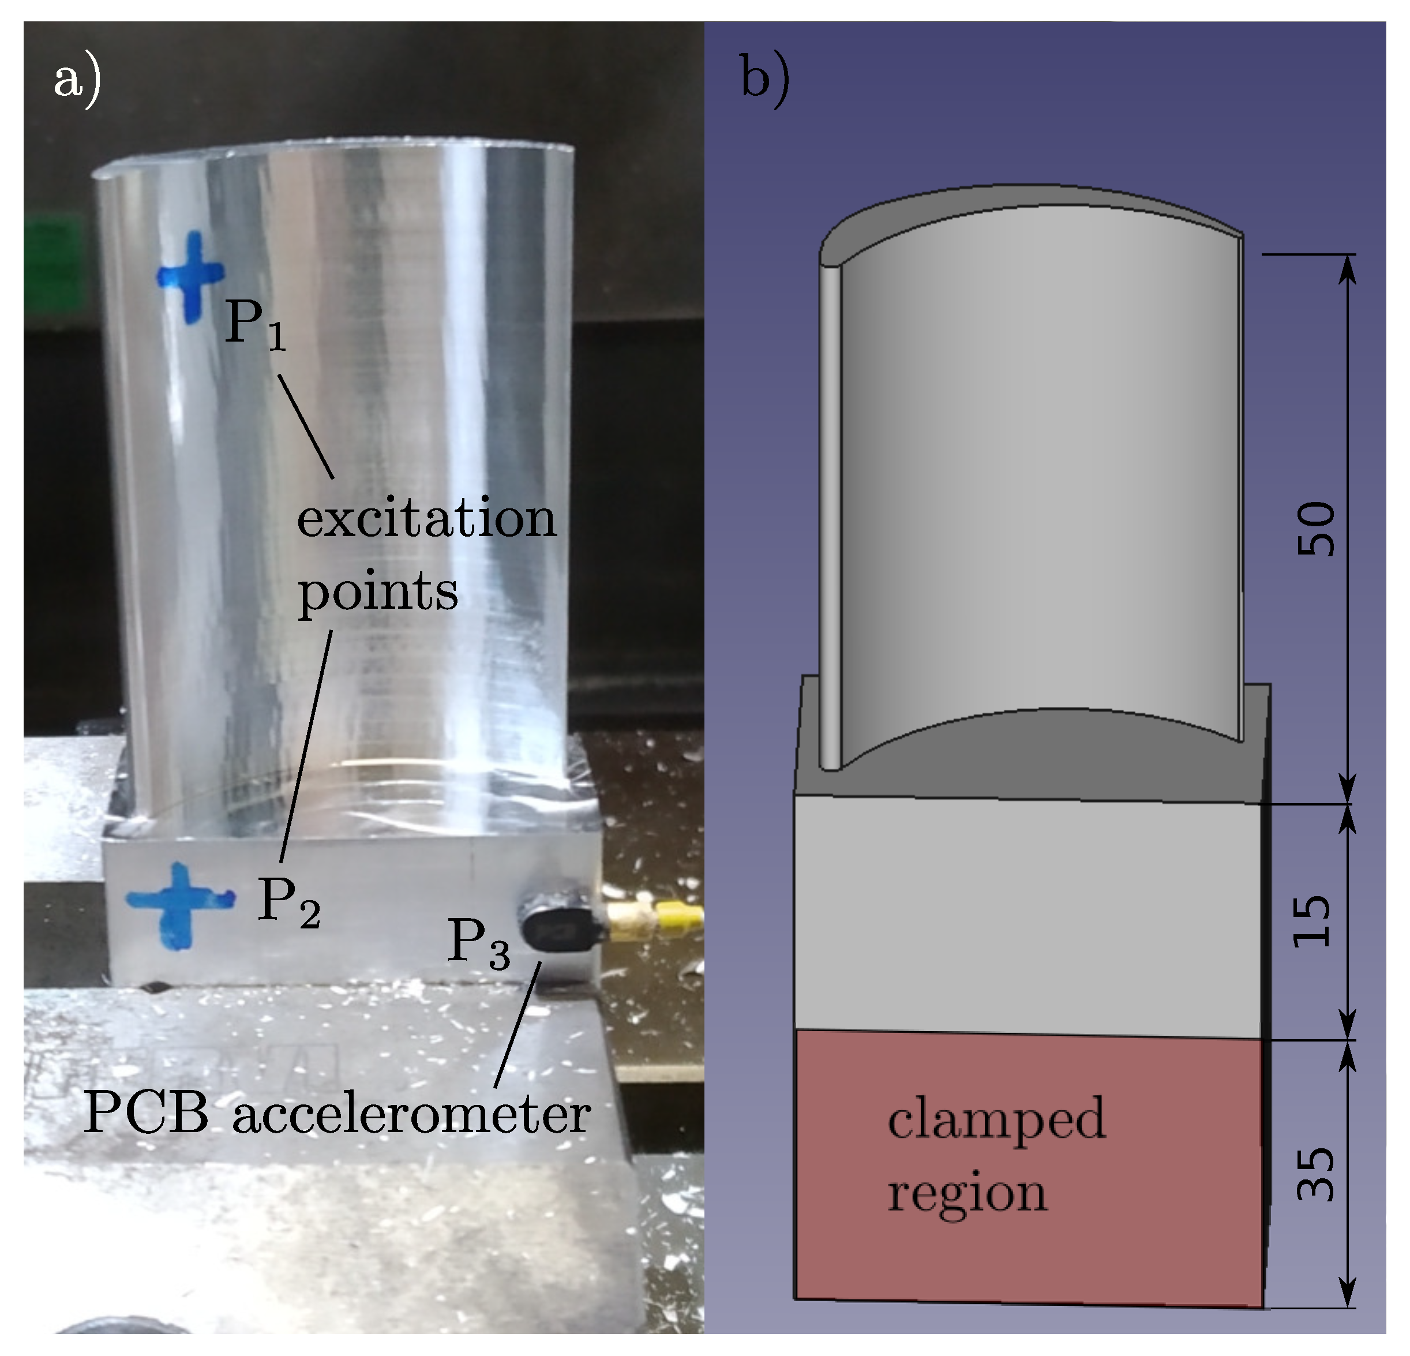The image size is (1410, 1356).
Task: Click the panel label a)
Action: (x=77, y=81)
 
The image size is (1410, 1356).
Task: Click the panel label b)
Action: (x=764, y=81)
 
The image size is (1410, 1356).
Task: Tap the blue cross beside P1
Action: (x=190, y=276)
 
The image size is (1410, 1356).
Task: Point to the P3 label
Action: (x=478, y=943)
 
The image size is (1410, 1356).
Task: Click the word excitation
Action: (x=426, y=518)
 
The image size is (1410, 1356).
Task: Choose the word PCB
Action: (x=146, y=1114)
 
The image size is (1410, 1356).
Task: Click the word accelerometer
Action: (x=411, y=1115)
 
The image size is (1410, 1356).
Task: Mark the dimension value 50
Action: (x=1315, y=529)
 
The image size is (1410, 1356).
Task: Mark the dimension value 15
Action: (x=1314, y=921)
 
